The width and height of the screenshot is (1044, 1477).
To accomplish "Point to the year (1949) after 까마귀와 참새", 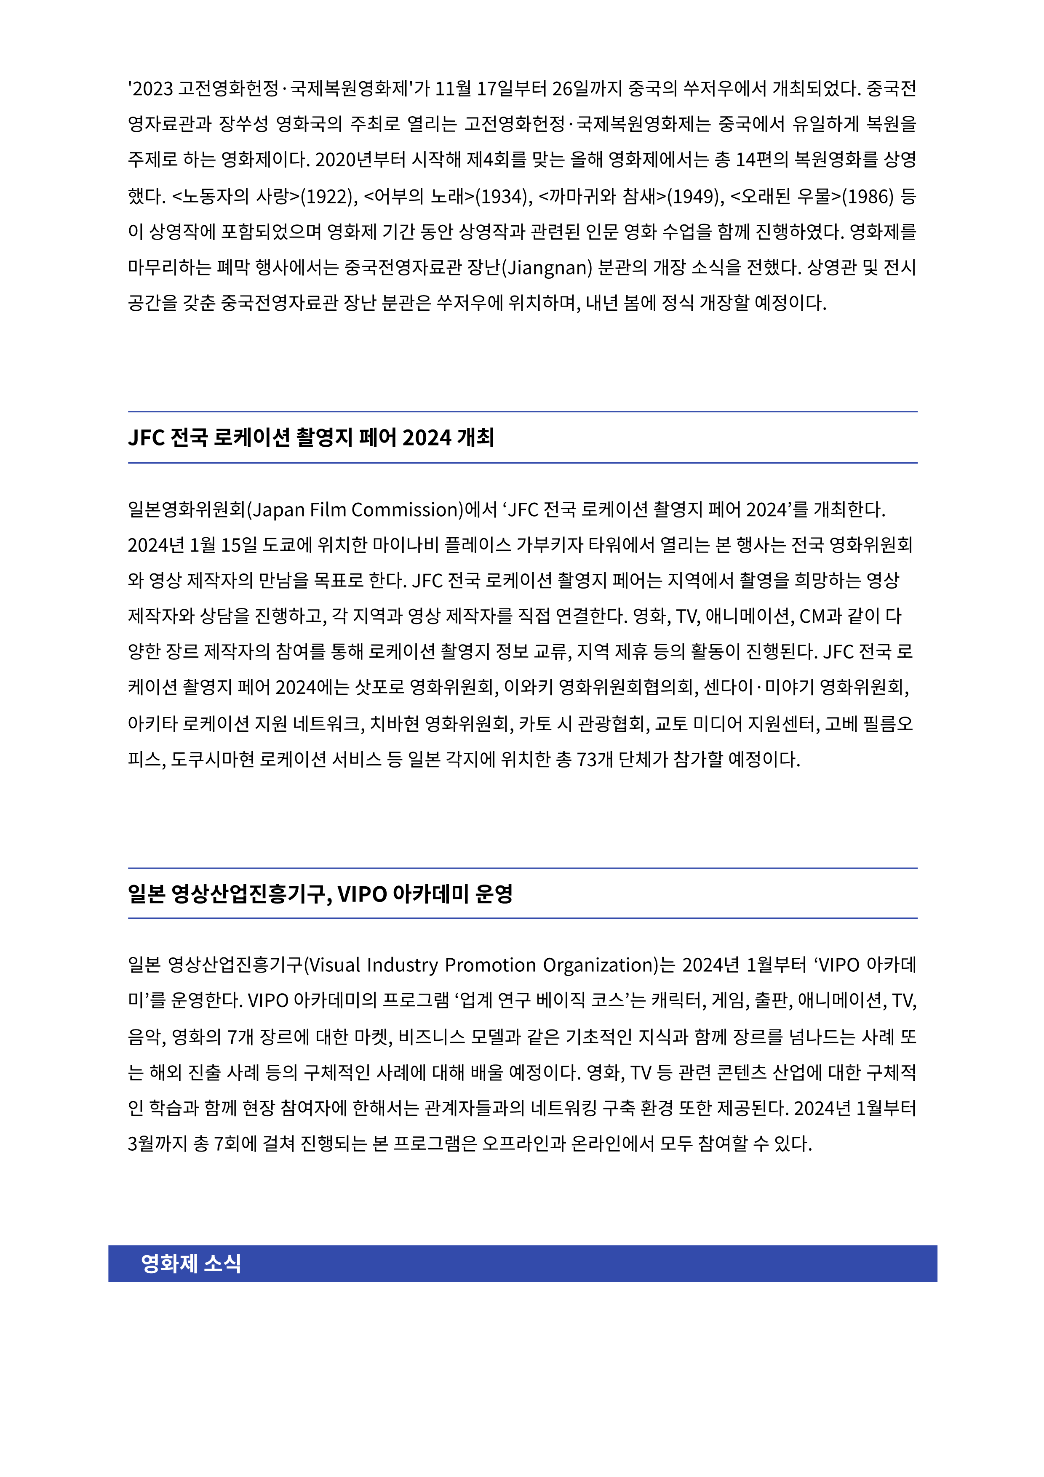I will (693, 196).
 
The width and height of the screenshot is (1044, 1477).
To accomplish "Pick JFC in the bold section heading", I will (147, 438).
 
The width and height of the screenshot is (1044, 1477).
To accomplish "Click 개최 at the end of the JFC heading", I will (475, 438).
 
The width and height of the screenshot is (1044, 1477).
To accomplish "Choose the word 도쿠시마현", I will (213, 760).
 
